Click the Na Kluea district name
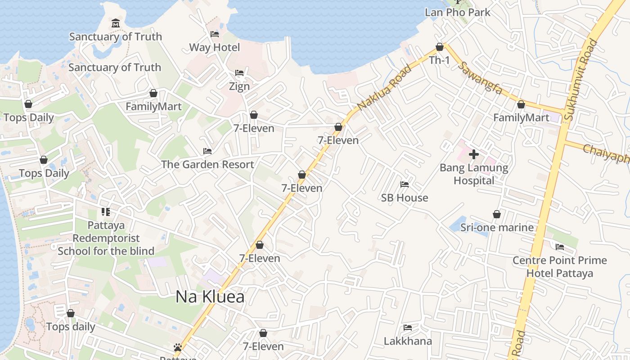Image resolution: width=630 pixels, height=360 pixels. (x=210, y=297)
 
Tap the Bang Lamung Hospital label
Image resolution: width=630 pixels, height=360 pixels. (x=474, y=174)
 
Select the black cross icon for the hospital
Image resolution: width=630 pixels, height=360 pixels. (x=474, y=154)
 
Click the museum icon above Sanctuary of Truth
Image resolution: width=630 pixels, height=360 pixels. (x=116, y=23)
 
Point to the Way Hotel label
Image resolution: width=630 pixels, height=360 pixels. (x=215, y=47)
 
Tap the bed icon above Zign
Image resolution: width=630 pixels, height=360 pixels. (x=239, y=73)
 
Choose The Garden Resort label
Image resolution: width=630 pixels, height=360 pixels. (x=207, y=164)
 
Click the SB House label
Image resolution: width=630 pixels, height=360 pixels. (x=405, y=198)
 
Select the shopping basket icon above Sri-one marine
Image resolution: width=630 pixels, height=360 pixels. (x=497, y=214)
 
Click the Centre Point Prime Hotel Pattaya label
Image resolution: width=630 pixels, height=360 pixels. (x=560, y=266)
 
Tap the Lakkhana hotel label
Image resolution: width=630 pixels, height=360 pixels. (x=408, y=341)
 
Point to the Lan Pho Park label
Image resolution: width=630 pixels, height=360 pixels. (x=458, y=12)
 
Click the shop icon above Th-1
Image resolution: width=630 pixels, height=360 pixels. (x=440, y=47)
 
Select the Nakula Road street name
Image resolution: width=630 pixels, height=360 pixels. (x=384, y=87)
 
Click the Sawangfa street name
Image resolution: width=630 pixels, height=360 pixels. (x=480, y=77)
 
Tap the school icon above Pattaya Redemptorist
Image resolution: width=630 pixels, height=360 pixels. (x=106, y=211)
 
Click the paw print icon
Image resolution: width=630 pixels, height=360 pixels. (x=178, y=347)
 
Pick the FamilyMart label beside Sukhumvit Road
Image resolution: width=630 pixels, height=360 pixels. (x=521, y=117)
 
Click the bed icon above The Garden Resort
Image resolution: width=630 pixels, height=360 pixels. (x=207, y=151)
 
